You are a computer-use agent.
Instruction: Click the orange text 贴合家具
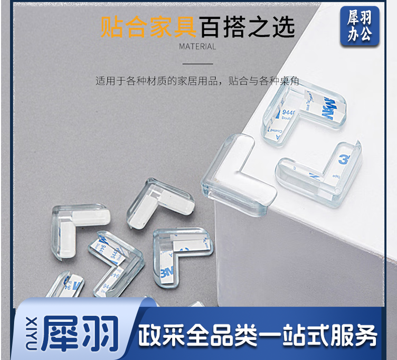(148, 27)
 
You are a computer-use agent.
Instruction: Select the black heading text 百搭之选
(246, 27)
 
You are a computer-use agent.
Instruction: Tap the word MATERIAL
(197, 46)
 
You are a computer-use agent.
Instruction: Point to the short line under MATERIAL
(197, 64)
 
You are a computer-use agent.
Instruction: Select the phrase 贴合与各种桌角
(264, 81)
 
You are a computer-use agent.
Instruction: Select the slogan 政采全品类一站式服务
(258, 334)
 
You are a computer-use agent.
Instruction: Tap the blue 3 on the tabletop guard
(342, 159)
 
